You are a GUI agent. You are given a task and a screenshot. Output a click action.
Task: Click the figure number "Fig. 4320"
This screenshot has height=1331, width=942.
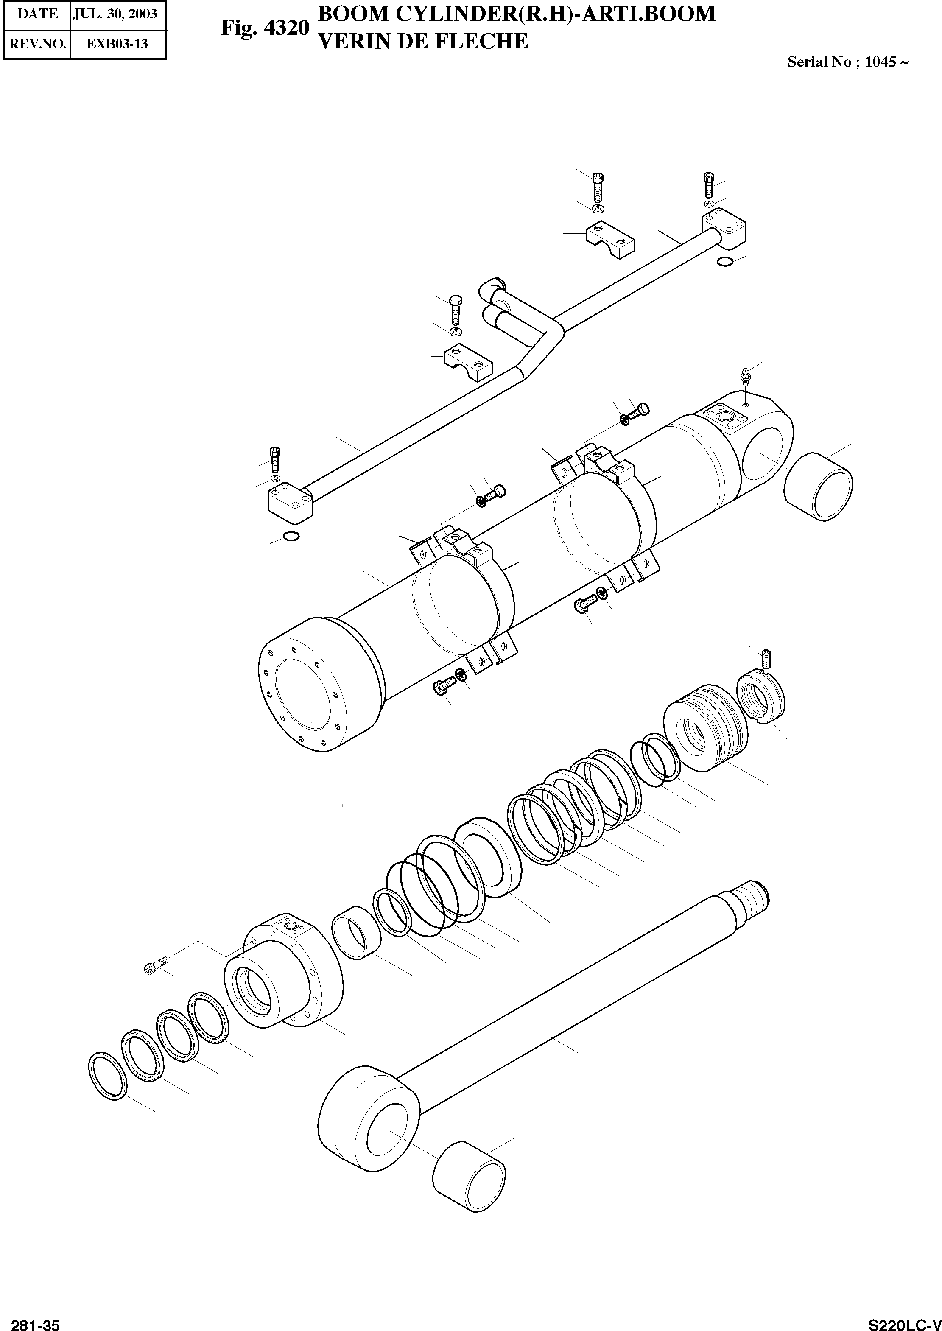pyautogui.click(x=265, y=28)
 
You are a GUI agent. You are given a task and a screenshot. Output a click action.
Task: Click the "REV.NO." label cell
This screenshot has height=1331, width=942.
pyautogui.click(x=37, y=44)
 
